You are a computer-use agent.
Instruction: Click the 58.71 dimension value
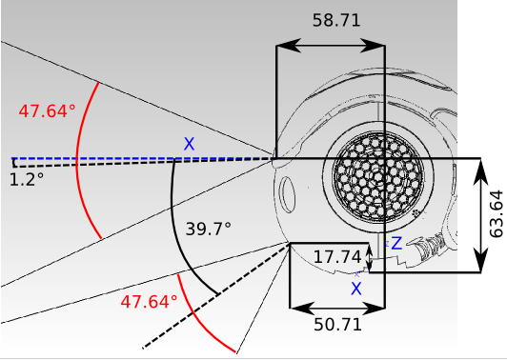pos(336,20)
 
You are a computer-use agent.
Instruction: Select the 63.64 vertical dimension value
pos(497,214)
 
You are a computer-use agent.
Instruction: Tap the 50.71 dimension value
pos(337,324)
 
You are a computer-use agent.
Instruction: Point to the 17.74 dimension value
pos(337,257)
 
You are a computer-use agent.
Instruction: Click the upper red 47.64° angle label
pos(48,111)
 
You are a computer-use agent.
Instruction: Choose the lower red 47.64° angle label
pos(149,302)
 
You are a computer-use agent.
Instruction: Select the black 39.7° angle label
pos(209,230)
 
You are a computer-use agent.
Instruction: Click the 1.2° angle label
pos(27,179)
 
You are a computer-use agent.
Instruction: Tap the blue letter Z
pos(396,243)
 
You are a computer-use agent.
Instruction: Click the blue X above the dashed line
pos(189,144)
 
